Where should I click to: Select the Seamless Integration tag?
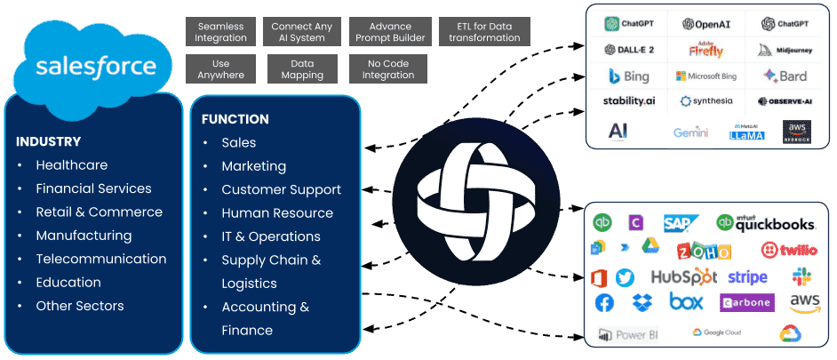pyautogui.click(x=220, y=32)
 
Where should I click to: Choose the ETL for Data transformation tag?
pyautogui.click(x=484, y=32)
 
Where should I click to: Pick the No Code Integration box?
pyautogui.click(x=387, y=69)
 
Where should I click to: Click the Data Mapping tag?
pyautogui.click(x=302, y=69)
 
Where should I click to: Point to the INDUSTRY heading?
pyautogui.click(x=48, y=141)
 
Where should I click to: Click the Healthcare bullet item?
pyautogui.click(x=71, y=165)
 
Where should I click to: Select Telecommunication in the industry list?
pyautogui.click(x=100, y=259)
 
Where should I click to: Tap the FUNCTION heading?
pyautogui.click(x=235, y=119)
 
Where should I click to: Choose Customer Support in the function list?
pyautogui.click(x=281, y=189)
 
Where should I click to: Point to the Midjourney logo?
pyautogui.click(x=785, y=51)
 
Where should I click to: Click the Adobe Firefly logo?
pyautogui.click(x=706, y=50)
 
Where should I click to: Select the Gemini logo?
pyautogui.click(x=690, y=132)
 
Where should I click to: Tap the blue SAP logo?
pyautogui.click(x=682, y=223)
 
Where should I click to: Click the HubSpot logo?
pyautogui.click(x=683, y=277)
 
